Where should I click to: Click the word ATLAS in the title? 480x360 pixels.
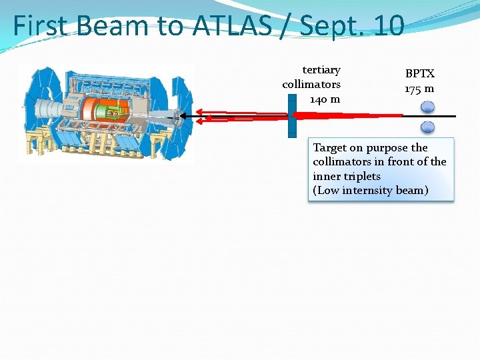[x=232, y=26]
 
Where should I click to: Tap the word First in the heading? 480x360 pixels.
[x=41, y=26]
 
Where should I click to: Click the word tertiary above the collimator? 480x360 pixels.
[x=321, y=70]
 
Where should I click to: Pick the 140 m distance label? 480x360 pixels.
[x=325, y=99]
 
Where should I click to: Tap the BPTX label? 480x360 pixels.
[x=420, y=74]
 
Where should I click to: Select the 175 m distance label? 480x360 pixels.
[x=419, y=88]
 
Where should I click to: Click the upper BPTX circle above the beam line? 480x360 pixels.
[x=428, y=106]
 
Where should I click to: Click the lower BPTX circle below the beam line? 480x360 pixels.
[x=428, y=127]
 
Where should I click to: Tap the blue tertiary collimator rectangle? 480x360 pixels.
[x=292, y=116]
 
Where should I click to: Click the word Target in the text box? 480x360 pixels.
[x=329, y=147]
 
